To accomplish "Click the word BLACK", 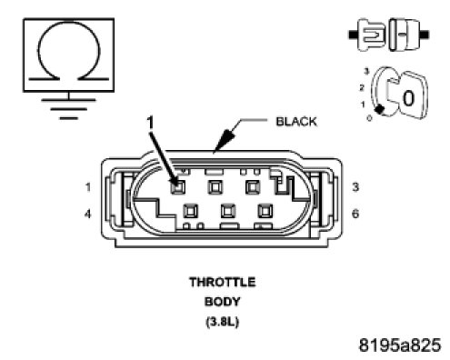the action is point(296,122).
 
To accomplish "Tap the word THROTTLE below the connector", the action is point(223,282).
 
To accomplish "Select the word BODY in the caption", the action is point(223,302).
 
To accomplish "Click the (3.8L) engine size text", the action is point(223,321).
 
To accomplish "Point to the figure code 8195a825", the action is point(400,345).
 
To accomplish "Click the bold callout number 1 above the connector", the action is point(150,123).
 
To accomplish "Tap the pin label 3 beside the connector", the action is point(355,187).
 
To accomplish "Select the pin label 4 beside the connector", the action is point(87,215).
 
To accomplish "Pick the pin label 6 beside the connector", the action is point(355,214).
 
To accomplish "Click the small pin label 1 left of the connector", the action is point(88,187).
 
